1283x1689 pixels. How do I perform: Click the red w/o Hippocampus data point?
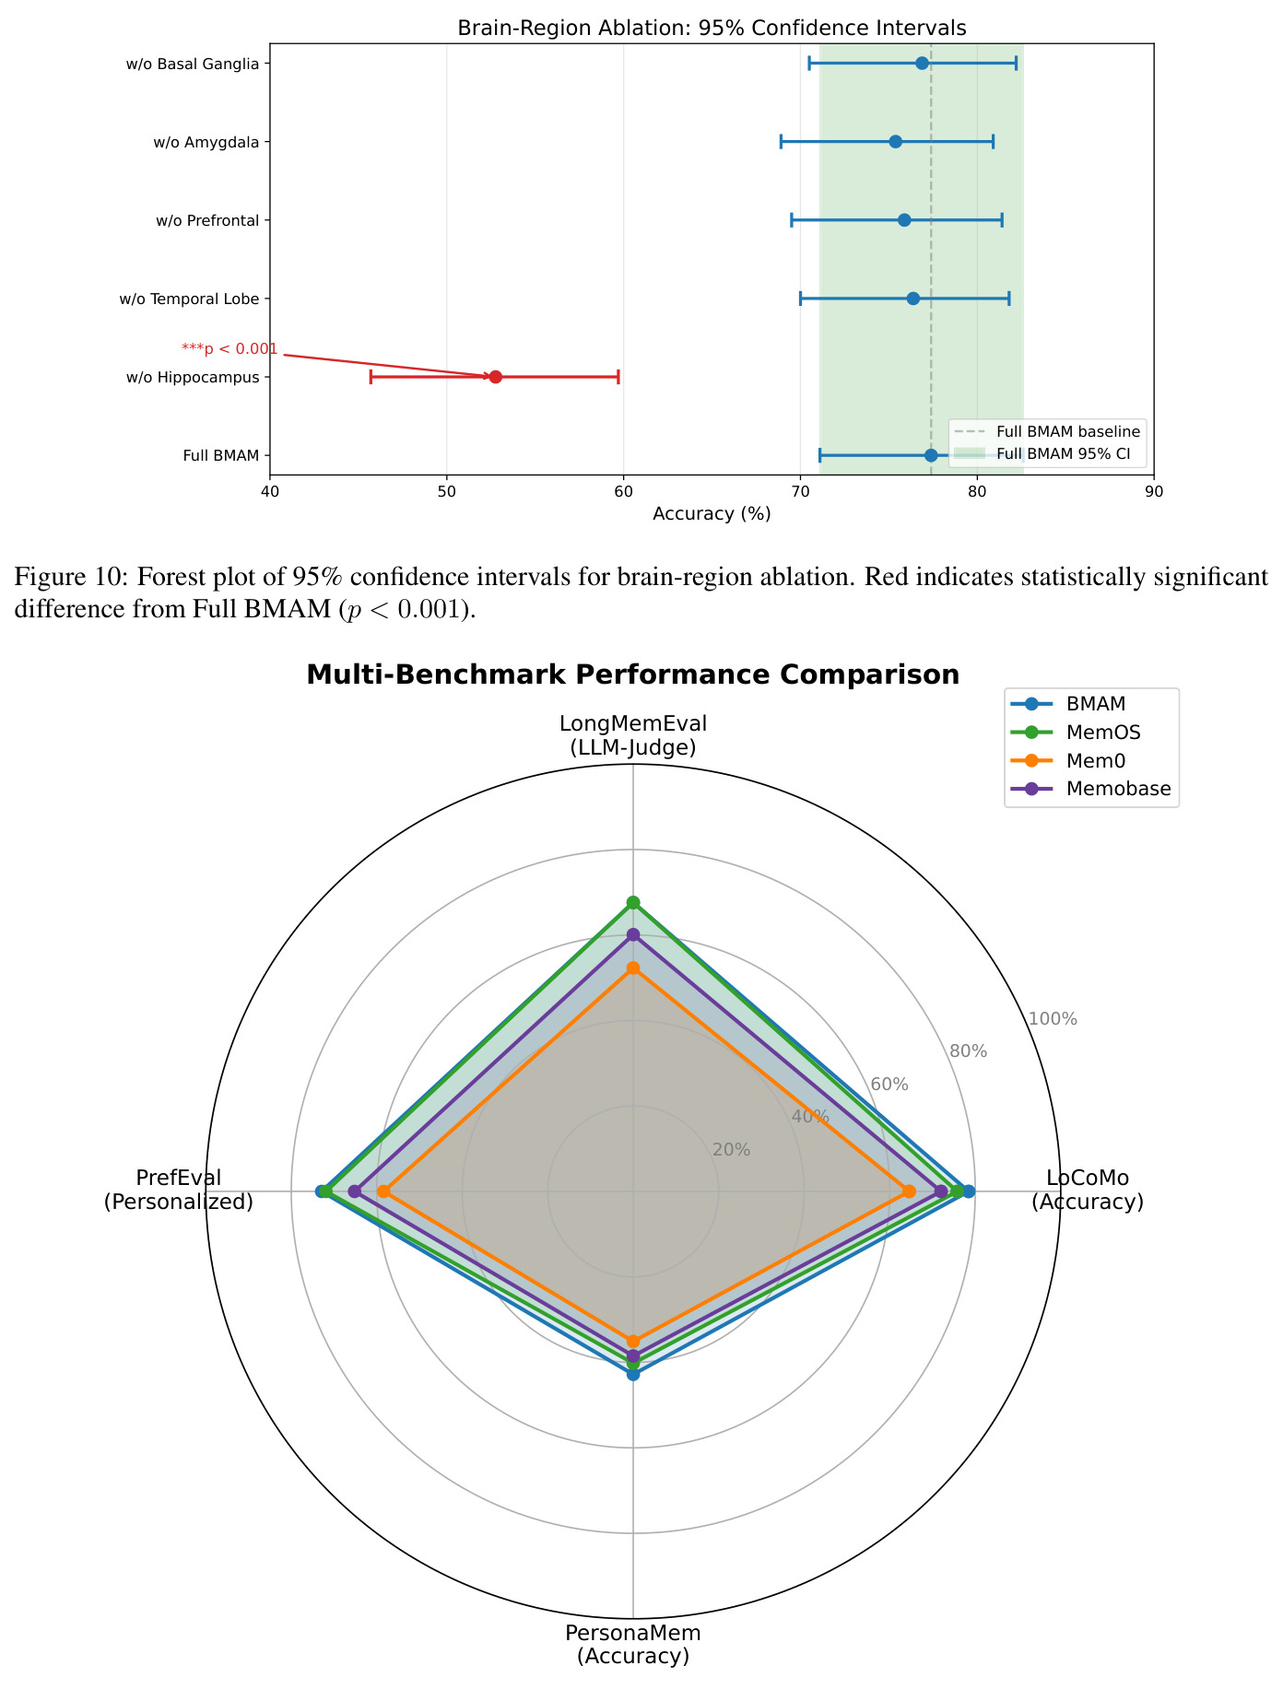pos(495,377)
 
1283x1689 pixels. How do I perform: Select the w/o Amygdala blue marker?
pos(895,142)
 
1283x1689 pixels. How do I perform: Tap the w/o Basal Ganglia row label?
pos(193,64)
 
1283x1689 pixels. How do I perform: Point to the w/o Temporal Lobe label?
pos(189,299)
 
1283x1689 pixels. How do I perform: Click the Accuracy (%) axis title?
pos(712,514)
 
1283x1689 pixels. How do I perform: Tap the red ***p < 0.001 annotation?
pos(230,348)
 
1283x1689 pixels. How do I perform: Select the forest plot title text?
pos(712,28)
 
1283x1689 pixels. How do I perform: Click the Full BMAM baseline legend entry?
pos(1047,431)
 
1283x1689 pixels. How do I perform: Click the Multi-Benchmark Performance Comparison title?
pos(633,674)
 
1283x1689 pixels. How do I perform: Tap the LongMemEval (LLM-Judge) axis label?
pos(633,735)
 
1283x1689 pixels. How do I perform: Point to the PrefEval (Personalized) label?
pos(179,1190)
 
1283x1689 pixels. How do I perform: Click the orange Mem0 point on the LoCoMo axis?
pos(909,1191)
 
